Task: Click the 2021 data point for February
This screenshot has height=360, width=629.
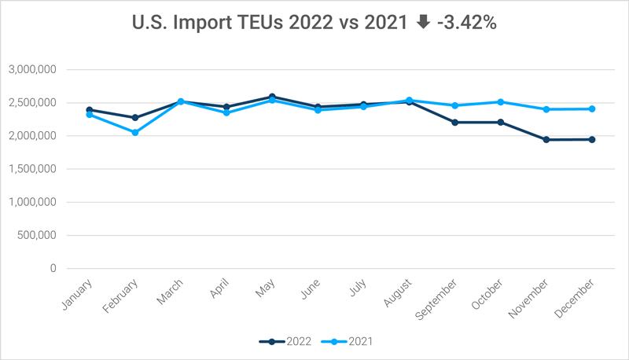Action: point(135,133)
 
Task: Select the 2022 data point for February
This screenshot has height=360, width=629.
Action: point(135,118)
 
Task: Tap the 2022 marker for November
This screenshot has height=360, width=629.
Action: point(546,140)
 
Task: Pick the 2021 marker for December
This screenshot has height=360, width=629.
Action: point(592,109)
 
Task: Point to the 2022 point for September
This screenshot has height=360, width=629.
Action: point(454,123)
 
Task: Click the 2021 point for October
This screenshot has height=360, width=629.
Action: point(500,102)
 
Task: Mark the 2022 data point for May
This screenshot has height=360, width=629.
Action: point(272,97)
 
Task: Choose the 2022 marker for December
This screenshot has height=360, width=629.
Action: point(592,140)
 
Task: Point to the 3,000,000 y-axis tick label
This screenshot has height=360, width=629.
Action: point(31,70)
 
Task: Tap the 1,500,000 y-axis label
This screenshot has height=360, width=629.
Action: point(31,169)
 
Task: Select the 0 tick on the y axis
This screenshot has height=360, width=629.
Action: point(53,269)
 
